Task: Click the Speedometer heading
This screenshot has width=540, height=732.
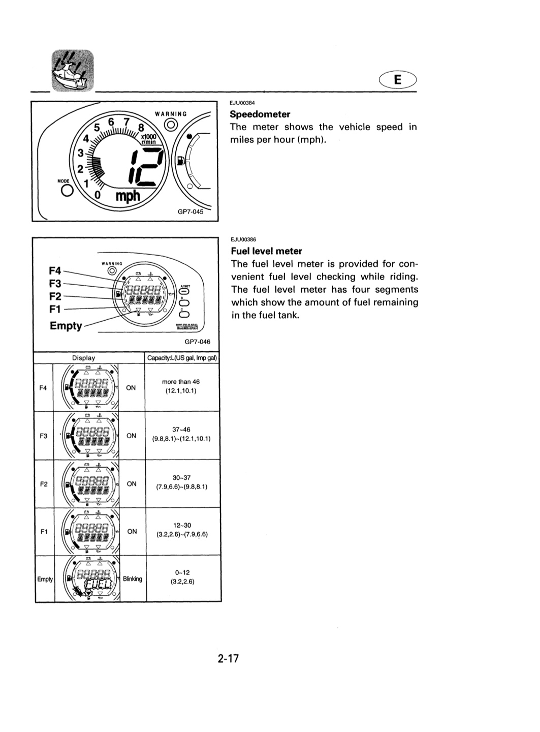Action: tap(260, 114)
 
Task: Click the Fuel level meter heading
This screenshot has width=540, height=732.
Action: tap(267, 251)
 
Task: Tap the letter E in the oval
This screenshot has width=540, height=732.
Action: tap(398, 79)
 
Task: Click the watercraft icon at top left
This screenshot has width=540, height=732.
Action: tap(73, 71)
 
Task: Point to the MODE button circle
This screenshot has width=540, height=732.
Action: tap(67, 190)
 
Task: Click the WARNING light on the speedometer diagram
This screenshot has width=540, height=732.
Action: tap(171, 125)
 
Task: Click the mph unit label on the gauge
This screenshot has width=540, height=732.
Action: tap(128, 196)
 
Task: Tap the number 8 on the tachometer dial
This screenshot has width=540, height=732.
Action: tap(141, 127)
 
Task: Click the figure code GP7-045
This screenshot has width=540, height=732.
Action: tap(190, 211)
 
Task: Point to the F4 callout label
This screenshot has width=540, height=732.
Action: tap(55, 270)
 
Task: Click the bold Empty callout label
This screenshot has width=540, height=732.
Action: tap(66, 326)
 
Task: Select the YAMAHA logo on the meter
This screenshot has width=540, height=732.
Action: tap(187, 327)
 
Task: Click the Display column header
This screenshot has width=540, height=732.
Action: tap(83, 358)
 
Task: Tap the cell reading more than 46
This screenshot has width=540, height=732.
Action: tap(181, 382)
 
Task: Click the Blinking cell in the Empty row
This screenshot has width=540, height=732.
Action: tap(132, 579)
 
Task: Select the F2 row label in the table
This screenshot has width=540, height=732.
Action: tap(44, 484)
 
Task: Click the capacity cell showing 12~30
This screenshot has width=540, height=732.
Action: tap(182, 530)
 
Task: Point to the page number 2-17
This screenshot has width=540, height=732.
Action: tap(228, 658)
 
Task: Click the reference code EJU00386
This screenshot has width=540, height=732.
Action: tap(243, 239)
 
